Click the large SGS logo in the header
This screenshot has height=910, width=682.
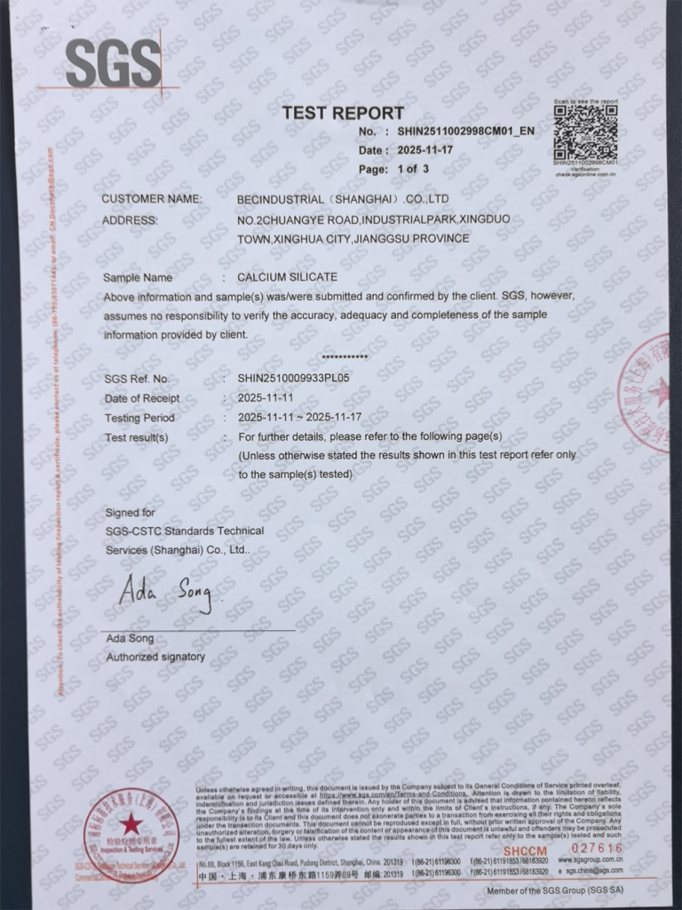tap(113, 63)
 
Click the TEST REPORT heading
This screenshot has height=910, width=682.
tap(343, 113)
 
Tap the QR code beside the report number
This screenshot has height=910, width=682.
tap(585, 133)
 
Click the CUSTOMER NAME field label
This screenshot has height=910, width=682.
tap(152, 199)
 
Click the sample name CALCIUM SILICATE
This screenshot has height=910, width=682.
tap(287, 277)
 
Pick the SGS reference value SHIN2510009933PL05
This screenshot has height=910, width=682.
tap(294, 379)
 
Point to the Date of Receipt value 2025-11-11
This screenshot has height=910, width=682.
tap(266, 398)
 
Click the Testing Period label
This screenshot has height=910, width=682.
tap(139, 418)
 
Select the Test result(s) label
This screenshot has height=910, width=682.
tap(136, 437)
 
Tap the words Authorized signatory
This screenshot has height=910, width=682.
tap(155, 658)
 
